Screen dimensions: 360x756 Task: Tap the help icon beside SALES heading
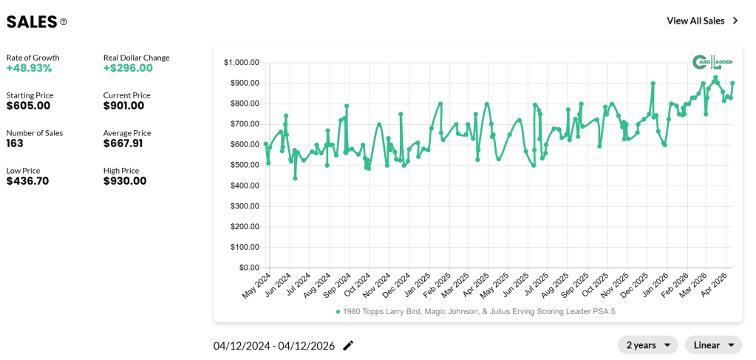[x=64, y=22]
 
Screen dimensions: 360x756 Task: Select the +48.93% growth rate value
[x=29, y=68]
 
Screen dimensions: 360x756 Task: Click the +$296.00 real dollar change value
[x=128, y=68]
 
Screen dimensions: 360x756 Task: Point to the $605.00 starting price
[x=28, y=106]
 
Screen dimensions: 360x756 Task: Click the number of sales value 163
[x=16, y=143]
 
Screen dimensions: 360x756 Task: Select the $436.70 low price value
[x=27, y=181]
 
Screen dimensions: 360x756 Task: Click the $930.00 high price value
[x=125, y=181]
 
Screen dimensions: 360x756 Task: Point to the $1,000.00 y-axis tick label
[x=240, y=62]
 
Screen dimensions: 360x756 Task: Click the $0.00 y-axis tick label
[x=246, y=268]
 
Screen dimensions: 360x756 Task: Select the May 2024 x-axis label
[x=253, y=287]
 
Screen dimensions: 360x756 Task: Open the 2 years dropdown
[x=648, y=345]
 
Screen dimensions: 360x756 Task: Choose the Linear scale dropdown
[x=713, y=345]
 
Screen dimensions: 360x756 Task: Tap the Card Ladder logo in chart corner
[x=712, y=63]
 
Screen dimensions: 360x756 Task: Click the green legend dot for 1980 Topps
[x=338, y=312]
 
